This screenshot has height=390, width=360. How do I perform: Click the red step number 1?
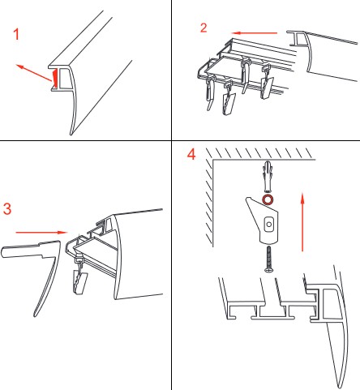coord(16,35)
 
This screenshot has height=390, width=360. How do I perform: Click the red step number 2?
coord(204,28)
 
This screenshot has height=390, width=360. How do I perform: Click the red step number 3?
coord(7,208)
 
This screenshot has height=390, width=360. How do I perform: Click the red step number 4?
coord(191,155)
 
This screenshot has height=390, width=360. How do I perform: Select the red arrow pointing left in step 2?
coord(255,33)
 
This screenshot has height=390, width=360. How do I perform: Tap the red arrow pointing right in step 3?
coord(41,233)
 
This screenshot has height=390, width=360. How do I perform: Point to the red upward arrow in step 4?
coord(302,221)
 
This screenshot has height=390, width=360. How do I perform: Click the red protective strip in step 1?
coord(54,79)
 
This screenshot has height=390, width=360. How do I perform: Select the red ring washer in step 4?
coord(268,199)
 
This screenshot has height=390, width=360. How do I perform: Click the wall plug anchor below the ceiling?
coord(267,177)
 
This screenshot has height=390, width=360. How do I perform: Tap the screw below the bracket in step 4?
coord(268,259)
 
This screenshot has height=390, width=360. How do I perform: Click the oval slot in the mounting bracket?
coord(268,225)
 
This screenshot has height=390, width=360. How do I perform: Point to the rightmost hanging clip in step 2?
coord(266,81)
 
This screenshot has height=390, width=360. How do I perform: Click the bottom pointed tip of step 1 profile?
coord(71,135)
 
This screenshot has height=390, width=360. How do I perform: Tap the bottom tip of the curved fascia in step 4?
coord(340,388)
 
